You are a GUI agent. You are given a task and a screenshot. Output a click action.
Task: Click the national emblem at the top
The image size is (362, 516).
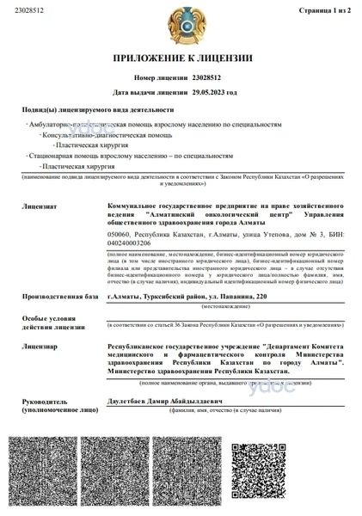coord(181,25)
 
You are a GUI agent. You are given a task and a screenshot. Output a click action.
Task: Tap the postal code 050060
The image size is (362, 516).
coord(121,234)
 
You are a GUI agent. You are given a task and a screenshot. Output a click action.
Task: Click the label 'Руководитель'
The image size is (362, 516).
coord(43,401)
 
